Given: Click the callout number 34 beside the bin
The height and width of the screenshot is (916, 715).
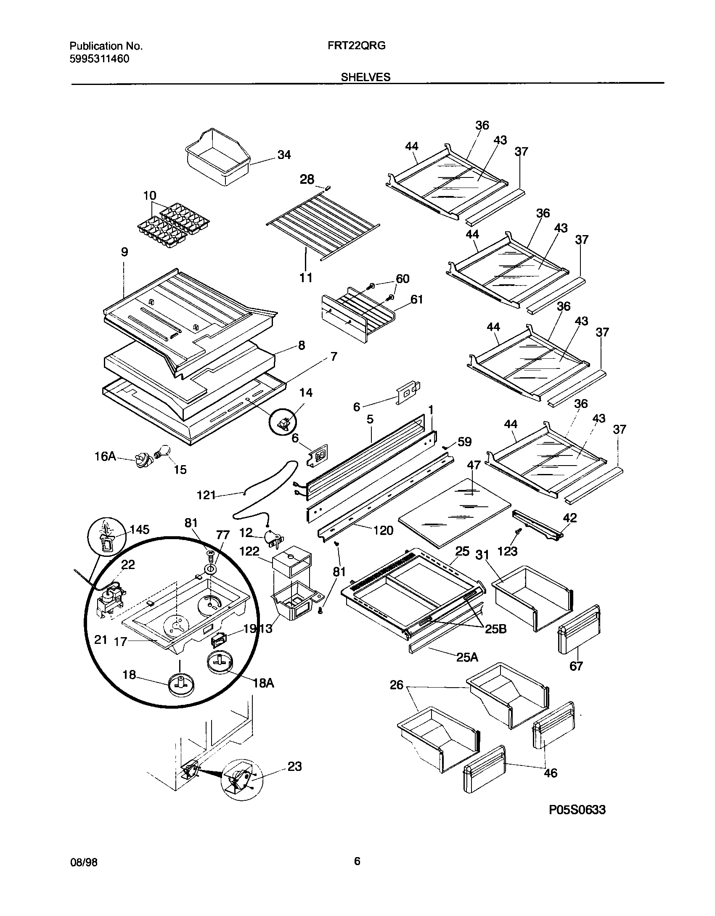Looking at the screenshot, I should tap(284, 155).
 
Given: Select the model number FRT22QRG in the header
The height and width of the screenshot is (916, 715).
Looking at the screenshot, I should tap(357, 46).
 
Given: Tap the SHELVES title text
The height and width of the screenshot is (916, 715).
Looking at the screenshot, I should tap(365, 77).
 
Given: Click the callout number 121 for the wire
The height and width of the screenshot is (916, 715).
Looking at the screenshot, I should tap(206, 495).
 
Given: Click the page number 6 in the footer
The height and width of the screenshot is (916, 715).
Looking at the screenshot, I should tap(357, 862).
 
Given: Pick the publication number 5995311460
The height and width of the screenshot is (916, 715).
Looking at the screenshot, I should tap(99, 58).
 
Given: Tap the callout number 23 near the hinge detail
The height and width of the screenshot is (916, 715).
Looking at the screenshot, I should tap(294, 766).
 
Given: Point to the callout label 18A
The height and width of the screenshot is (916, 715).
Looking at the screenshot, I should tap(264, 683).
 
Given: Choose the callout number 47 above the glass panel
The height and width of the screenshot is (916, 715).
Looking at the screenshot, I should tap(474, 465).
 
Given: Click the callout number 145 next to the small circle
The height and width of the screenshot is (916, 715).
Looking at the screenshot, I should tap(139, 529).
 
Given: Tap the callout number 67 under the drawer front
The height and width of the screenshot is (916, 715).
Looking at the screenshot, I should tap(576, 666).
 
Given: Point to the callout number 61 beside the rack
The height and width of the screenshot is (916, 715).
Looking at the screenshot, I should tap(416, 299).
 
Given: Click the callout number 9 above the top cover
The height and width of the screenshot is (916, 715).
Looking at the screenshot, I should tap(124, 252).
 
